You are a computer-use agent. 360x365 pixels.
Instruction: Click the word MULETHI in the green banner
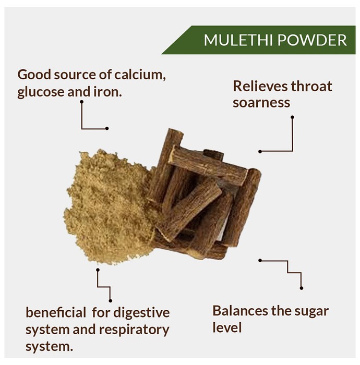(x=238, y=40)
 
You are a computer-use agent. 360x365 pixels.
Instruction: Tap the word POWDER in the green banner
(x=313, y=40)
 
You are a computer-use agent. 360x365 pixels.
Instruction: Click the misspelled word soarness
(x=261, y=103)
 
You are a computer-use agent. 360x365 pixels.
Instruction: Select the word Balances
(x=240, y=311)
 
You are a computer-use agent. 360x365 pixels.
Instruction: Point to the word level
(x=227, y=327)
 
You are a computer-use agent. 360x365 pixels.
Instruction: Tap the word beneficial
(x=56, y=312)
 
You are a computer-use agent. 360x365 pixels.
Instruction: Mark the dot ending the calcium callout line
(x=107, y=128)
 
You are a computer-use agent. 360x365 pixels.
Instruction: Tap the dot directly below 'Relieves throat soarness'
(x=292, y=117)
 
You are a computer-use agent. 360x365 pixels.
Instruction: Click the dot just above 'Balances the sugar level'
(x=302, y=288)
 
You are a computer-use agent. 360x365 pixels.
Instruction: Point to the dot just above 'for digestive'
(x=111, y=301)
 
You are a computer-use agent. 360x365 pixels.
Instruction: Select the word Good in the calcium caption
(x=34, y=75)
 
